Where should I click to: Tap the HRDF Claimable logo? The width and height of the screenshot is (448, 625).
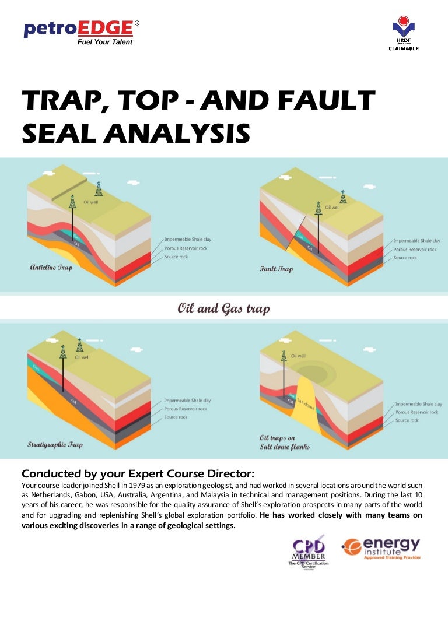pos(404,34)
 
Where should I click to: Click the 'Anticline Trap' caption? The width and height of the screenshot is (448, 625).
pos(51,268)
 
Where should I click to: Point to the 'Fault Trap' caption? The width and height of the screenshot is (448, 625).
pos(276,269)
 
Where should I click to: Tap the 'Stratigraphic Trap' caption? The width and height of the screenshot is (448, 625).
pos(55,444)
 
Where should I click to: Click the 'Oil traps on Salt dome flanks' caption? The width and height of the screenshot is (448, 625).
pos(285,441)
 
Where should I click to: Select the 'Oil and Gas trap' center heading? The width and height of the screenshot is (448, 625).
pos(223,308)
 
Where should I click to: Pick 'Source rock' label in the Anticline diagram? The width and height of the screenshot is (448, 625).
pos(176,257)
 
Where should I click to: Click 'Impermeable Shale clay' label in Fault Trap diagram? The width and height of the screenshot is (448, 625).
pos(416,240)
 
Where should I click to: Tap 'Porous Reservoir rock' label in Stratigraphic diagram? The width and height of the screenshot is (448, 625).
pos(185,409)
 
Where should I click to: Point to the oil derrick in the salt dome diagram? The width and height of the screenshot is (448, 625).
pos(284,355)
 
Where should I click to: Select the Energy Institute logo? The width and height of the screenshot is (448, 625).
pos(381,548)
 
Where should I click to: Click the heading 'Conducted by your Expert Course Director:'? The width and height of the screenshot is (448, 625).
pos(138,472)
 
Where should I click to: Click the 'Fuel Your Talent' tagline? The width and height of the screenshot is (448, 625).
pos(105,42)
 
